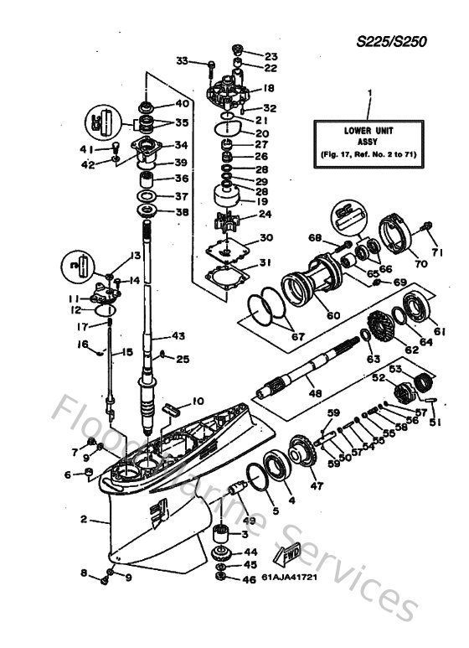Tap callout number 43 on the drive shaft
(178, 336)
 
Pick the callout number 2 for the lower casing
(84, 520)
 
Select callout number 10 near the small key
(198, 401)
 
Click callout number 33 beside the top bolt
(182, 60)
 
